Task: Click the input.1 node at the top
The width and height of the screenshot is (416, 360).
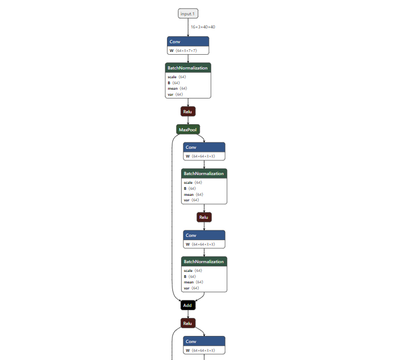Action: click(188, 13)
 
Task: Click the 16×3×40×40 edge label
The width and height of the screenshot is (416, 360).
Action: click(203, 26)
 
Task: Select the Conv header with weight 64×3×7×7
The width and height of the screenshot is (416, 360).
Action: click(188, 42)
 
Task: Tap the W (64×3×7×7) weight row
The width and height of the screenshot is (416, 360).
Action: click(188, 50)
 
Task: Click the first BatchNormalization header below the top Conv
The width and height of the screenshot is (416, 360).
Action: click(188, 68)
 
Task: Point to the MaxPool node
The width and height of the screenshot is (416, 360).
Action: click(188, 130)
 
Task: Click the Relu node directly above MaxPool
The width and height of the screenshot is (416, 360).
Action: click(188, 112)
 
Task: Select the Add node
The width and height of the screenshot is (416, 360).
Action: click(188, 305)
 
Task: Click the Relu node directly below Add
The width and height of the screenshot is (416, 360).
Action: click(188, 323)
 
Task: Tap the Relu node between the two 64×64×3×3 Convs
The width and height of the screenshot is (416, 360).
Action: click(204, 217)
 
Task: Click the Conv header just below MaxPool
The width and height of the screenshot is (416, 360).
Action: click(204, 147)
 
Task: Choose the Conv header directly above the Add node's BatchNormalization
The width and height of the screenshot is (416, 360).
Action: click(204, 235)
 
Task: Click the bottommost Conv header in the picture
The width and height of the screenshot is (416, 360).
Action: click(204, 341)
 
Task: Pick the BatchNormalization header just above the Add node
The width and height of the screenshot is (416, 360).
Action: click(204, 262)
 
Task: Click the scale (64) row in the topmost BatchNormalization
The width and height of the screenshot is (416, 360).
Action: click(178, 77)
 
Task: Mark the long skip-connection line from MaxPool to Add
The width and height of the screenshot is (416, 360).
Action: click(172, 219)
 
